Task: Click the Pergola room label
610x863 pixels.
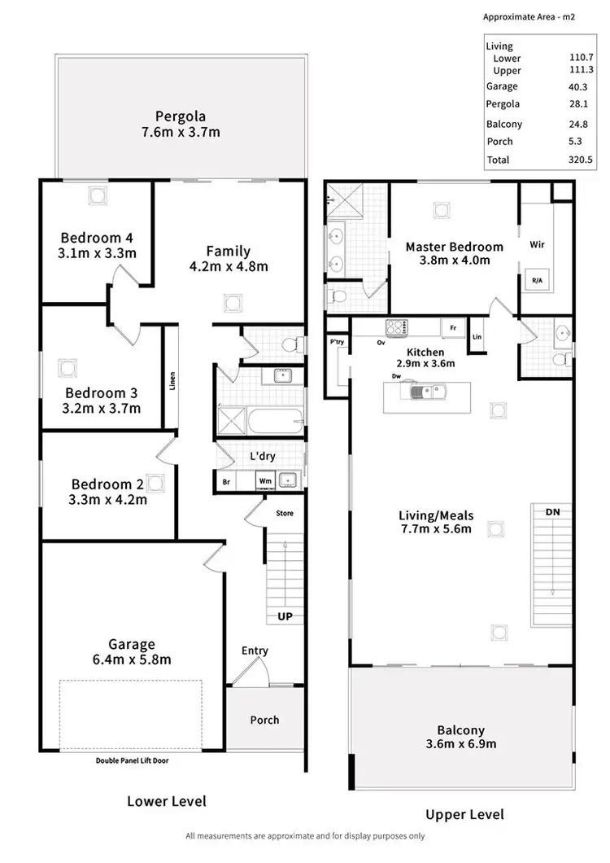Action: [180, 116]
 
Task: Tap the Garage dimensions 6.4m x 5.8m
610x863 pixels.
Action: [135, 659]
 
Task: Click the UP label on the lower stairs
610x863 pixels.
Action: [285, 616]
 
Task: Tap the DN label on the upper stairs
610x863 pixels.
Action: [553, 512]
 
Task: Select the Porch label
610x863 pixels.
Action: [264, 720]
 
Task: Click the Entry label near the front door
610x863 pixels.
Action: [255, 651]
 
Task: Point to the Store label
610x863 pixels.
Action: [285, 514]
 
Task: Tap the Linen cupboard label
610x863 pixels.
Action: [172, 382]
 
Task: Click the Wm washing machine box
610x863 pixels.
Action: [265, 482]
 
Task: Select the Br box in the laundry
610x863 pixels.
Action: [226, 482]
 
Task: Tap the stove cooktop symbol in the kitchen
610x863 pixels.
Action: [398, 328]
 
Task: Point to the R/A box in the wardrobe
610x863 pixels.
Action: [537, 280]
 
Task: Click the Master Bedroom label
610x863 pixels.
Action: [454, 247]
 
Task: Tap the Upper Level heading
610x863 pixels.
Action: [464, 814]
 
